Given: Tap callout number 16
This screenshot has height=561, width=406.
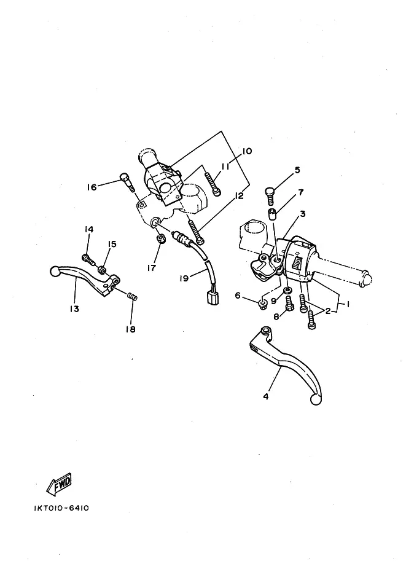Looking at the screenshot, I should (x=92, y=187).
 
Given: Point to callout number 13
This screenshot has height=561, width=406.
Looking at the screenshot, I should (x=74, y=309).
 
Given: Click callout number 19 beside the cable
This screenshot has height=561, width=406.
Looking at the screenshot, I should (x=184, y=278).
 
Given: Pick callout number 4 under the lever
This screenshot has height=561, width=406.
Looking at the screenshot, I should (x=266, y=396).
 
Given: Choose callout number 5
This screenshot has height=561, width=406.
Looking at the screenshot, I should (x=297, y=170).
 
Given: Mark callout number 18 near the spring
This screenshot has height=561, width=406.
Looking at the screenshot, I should (x=130, y=329).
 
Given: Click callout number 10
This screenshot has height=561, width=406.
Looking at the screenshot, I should (x=247, y=151).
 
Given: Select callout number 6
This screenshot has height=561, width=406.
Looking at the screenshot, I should (x=238, y=296).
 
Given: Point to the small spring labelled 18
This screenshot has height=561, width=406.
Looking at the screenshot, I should (x=132, y=297).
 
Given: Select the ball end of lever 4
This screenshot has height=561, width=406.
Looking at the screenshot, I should (x=316, y=399).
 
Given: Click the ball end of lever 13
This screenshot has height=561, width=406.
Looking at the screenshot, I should (x=54, y=270).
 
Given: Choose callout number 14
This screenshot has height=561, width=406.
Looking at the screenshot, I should (x=89, y=230).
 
